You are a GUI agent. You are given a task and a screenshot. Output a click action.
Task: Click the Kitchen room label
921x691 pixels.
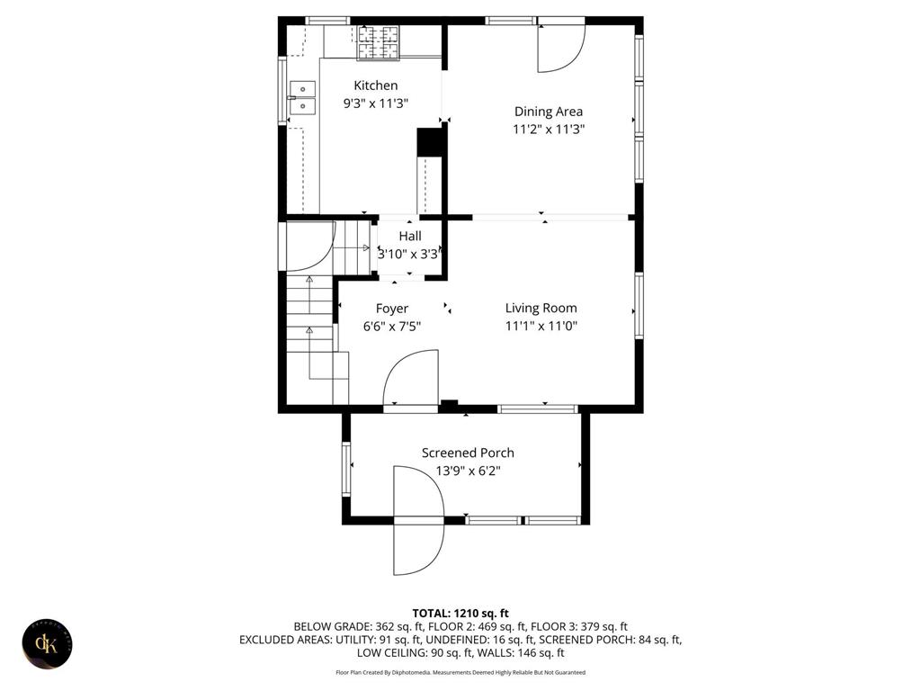[x=375, y=85]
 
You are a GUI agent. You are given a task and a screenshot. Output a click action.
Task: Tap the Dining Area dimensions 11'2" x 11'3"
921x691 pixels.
[x=549, y=130]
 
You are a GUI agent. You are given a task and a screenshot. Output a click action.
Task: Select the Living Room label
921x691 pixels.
[x=541, y=308]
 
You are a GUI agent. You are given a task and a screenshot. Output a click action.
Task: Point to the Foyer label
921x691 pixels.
[x=391, y=309]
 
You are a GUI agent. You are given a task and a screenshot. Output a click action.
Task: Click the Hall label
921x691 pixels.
[x=410, y=237]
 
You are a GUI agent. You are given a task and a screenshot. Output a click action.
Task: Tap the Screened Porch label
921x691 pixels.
[x=468, y=453]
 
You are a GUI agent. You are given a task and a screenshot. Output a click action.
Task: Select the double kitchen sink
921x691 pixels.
[x=303, y=97]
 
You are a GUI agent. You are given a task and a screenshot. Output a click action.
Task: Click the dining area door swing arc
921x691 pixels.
[x=561, y=48]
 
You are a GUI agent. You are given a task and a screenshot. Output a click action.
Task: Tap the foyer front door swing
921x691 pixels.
[x=410, y=378]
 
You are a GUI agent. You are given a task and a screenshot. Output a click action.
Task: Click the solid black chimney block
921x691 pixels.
[x=431, y=141]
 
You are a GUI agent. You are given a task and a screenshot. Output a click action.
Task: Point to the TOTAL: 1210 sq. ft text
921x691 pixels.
[x=460, y=613]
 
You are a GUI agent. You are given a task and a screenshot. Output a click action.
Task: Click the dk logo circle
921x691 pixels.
[x=46, y=644]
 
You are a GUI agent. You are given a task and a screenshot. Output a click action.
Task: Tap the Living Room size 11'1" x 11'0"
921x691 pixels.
[x=541, y=326]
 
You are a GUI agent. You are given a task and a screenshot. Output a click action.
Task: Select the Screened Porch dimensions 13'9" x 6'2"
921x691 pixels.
[x=468, y=471]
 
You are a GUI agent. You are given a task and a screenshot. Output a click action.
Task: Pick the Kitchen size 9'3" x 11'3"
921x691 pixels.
[x=375, y=103]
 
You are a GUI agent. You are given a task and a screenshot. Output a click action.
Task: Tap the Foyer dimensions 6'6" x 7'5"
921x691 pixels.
[x=391, y=327]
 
